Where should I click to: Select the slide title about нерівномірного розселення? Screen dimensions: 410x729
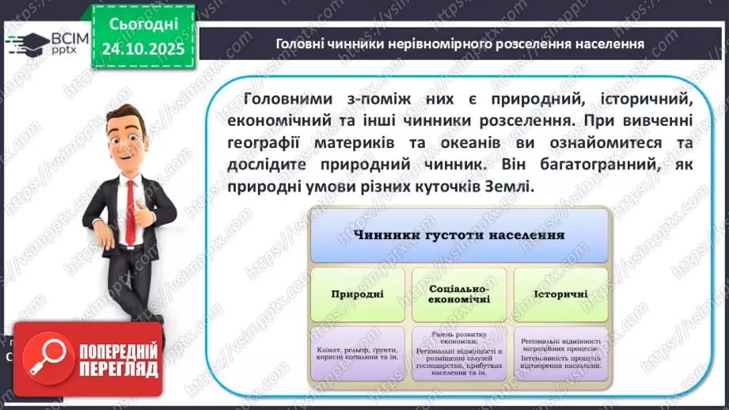coord(459,44)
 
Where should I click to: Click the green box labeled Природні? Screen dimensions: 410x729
coord(357,294)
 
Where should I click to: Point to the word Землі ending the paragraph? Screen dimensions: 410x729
coord(509,188)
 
